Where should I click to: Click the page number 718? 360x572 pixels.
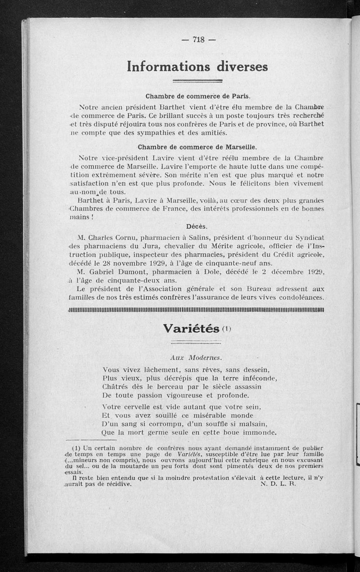198,40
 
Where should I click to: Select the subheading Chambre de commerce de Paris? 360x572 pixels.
198,96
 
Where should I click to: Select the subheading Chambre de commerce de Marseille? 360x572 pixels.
198,147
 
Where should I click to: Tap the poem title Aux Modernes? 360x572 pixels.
196,358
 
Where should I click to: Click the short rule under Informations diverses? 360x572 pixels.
198,81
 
